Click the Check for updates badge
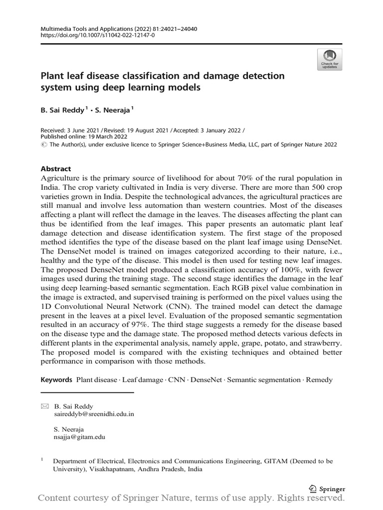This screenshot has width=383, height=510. point(329,58)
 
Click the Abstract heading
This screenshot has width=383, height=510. point(56,169)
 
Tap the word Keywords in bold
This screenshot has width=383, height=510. point(56,380)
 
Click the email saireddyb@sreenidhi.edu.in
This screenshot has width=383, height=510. point(94,414)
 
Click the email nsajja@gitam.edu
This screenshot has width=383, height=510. point(79,437)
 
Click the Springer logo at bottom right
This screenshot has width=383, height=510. point(327,489)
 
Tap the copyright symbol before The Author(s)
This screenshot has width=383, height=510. point(43,144)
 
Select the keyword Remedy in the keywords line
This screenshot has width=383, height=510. point(319,380)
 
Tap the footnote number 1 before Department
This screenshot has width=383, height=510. point(42,460)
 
